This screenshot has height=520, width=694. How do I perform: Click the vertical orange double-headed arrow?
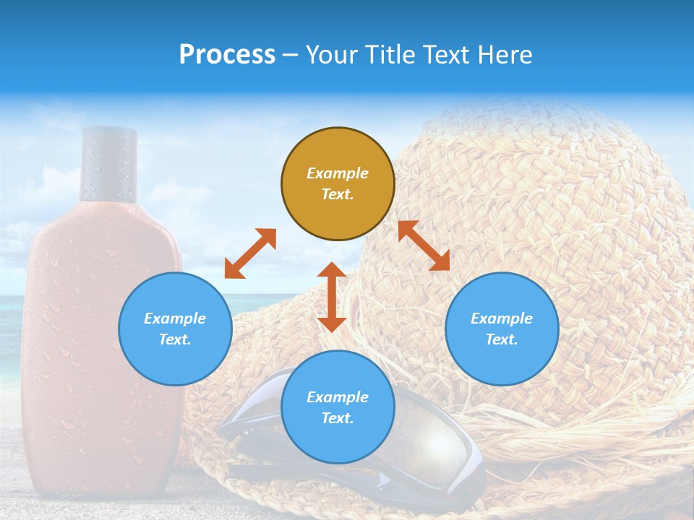(x=332, y=297)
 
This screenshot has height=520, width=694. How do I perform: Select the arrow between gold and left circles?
(x=250, y=253)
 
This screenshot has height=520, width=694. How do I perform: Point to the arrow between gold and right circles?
(x=424, y=246)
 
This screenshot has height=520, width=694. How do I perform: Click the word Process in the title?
(x=227, y=54)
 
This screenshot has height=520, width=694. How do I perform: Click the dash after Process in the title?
(x=291, y=56)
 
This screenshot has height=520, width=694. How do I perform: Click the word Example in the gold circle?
(x=338, y=173)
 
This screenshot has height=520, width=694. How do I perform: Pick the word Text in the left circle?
(x=175, y=339)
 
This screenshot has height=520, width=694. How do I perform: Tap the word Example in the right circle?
(x=502, y=318)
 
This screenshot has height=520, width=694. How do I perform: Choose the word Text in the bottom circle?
(x=338, y=418)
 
